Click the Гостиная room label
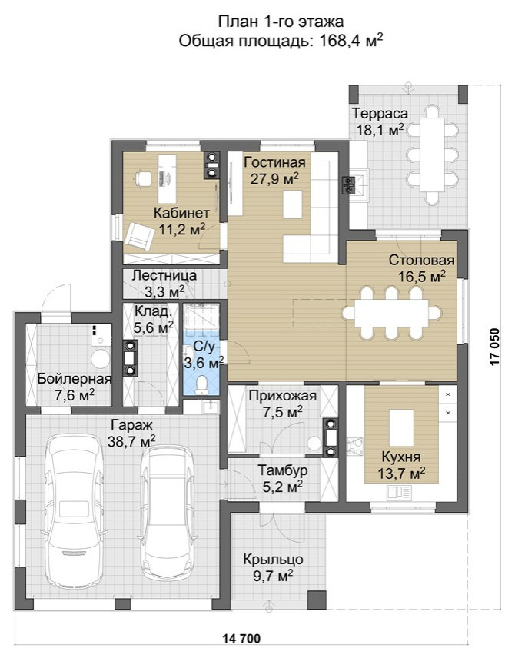coord(274,162)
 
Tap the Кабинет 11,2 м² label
coord(181,221)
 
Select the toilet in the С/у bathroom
coord(202,384)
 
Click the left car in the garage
coord(75,510)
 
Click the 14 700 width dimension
coord(242,639)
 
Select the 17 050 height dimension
coord(495,347)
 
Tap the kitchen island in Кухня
coord(402,427)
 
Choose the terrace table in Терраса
coord(432,155)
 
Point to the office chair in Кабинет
coord(142,178)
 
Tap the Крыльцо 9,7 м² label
coord(273,567)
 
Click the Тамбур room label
coord(282,470)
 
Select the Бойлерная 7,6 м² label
coord(75,387)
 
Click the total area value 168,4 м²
coord(351,41)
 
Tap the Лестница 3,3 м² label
coord(164,283)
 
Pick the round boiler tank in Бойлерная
coord(101,359)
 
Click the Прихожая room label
coord(282,396)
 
